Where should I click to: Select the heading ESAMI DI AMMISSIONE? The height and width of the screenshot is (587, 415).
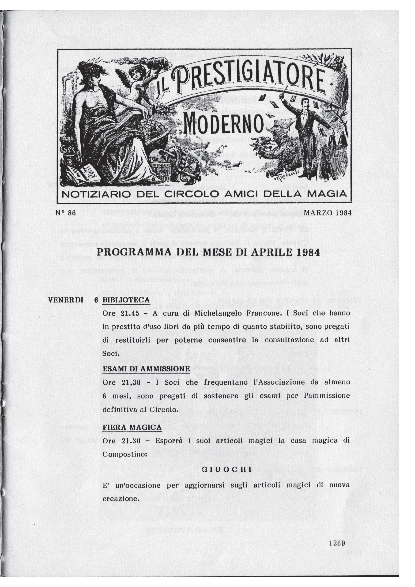click(146, 369)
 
